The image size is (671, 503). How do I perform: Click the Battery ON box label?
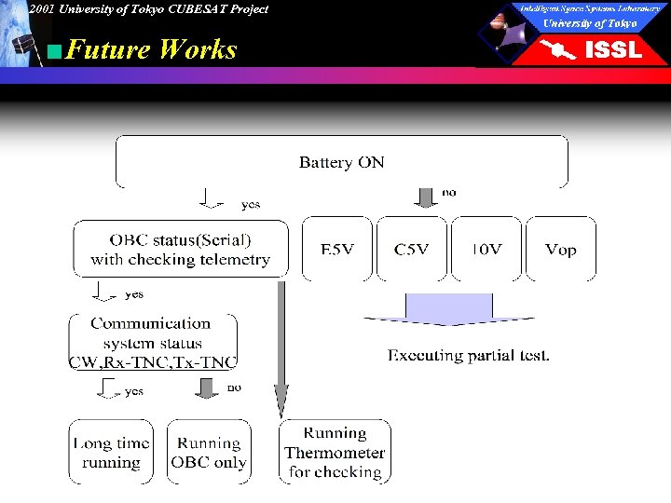coord(341,162)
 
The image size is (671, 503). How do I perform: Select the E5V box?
coord(336,249)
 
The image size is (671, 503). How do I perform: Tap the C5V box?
coord(411,249)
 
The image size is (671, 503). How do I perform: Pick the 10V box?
coord(486,249)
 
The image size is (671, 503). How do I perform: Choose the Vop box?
coord(560,249)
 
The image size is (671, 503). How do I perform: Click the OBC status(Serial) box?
coord(180,249)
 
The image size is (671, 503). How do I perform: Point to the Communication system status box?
coord(153,342)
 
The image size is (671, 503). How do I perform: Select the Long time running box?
coord(111,453)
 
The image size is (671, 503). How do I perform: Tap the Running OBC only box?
coord(209,453)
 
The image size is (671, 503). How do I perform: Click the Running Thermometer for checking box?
coord(335,453)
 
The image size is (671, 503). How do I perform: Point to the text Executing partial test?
coord(469,355)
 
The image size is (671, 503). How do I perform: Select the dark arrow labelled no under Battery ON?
coord(425,197)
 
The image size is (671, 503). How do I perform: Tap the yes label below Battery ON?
coord(251,204)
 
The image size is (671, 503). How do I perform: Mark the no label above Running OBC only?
coord(234,387)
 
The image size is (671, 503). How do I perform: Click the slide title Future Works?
coord(152,49)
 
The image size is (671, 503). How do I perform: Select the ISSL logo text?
coord(612,50)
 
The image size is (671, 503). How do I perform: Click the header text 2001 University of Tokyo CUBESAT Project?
coord(147,9)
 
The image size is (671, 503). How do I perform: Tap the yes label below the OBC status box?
coord(134,294)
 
